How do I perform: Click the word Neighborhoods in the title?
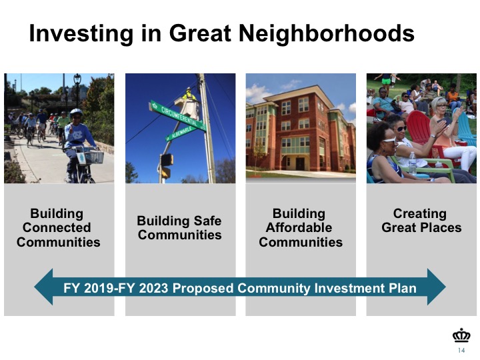point(326,34)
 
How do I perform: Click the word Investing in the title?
point(81,34)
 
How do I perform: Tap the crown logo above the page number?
point(461,336)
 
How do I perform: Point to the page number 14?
point(461,350)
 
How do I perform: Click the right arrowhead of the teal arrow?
point(436,287)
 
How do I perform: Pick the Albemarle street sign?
point(181,133)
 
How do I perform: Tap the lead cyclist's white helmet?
point(75,113)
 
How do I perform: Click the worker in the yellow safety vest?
point(189,95)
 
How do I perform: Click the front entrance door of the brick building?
point(300,164)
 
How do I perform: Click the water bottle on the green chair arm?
point(413,163)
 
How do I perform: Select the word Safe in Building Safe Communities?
point(207,221)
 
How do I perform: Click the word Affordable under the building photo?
point(299,228)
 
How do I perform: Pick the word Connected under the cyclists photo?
point(57,228)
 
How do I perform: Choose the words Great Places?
point(421,228)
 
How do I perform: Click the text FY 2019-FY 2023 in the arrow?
point(116,288)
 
